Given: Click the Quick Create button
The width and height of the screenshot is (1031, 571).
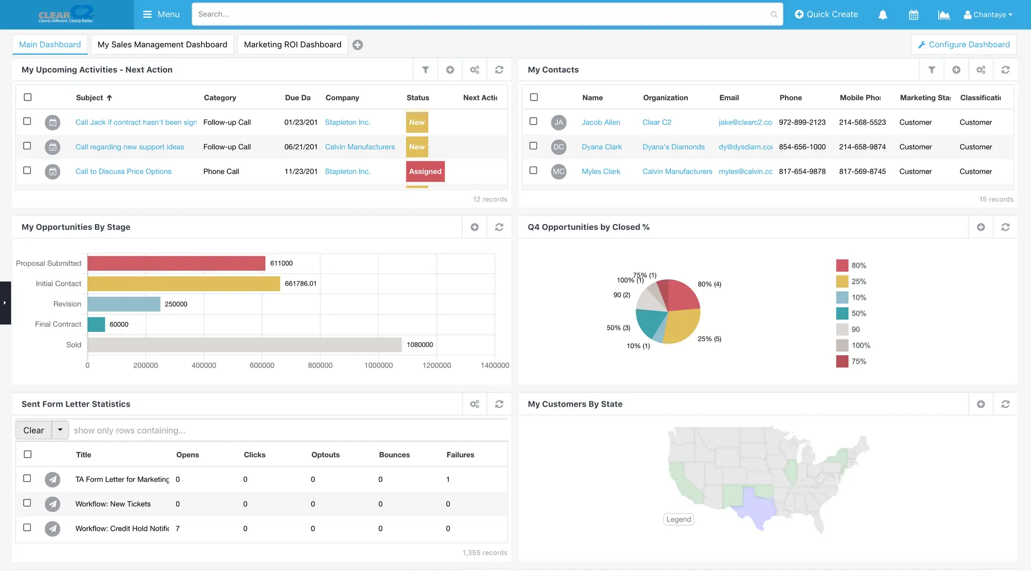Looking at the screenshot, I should tap(826, 15).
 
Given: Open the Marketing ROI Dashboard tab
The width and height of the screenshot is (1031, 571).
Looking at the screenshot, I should tap(292, 45).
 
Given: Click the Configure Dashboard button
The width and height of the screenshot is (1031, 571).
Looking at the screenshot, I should tap(964, 45).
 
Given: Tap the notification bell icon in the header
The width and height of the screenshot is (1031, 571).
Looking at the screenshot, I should tap(883, 15).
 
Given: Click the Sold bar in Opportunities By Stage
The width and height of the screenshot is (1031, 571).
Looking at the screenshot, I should tap(244, 345).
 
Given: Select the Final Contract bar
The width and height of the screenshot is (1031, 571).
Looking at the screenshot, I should tap(96, 324).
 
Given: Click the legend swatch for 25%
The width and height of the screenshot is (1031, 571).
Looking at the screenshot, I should tap(842, 281).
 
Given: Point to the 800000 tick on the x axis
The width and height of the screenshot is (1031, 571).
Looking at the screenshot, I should tap(320, 365).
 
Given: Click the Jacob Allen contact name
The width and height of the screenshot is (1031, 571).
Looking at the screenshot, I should tap(600, 122).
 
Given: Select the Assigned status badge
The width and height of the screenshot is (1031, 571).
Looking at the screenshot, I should tap(425, 171).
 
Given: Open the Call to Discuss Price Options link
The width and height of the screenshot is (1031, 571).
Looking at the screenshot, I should tap(124, 171).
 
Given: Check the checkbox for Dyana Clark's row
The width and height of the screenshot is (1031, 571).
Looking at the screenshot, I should tap(533, 146).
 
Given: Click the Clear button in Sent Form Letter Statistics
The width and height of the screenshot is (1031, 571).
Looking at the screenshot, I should tap(33, 430).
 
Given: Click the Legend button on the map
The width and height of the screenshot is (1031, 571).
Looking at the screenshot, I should tap(679, 519).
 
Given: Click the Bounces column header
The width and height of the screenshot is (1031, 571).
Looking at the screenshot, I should tap(394, 455).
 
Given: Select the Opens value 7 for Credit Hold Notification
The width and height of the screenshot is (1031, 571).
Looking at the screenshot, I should tap(178, 529).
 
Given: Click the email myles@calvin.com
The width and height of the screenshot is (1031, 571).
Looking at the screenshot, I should tap(745, 171).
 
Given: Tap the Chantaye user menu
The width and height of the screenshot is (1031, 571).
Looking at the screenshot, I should tap(988, 15).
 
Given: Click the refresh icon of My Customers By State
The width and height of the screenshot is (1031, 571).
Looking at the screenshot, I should tap(1005, 404).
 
